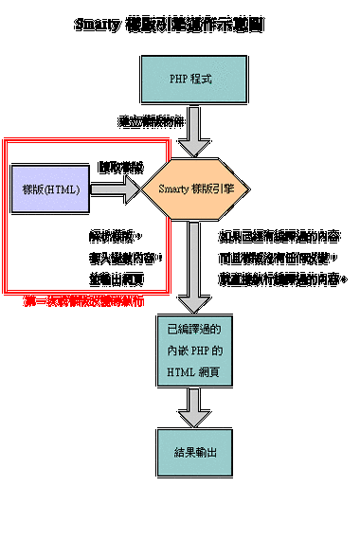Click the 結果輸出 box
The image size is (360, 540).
191,452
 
